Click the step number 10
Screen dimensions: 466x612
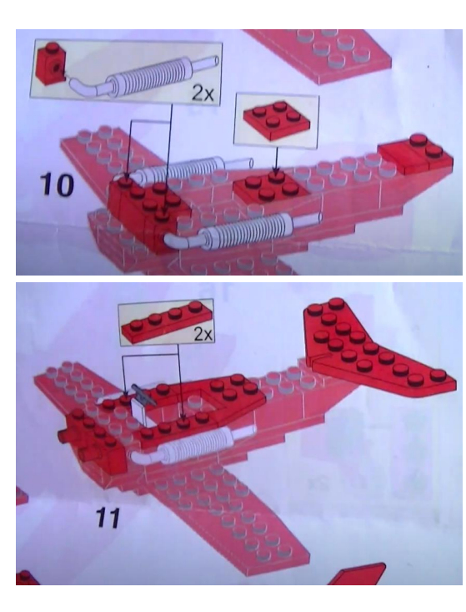(57, 185)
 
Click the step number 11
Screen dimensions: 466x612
(108, 518)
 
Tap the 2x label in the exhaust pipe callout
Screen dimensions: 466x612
(203, 94)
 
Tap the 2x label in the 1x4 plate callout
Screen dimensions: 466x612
(203, 334)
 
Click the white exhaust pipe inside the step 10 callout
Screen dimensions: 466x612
(143, 77)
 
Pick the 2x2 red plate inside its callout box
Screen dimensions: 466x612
(276, 119)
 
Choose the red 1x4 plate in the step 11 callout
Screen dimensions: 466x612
(167, 324)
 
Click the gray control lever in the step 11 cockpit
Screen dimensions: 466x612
(143, 393)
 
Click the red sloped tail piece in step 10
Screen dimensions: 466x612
(415, 156)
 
